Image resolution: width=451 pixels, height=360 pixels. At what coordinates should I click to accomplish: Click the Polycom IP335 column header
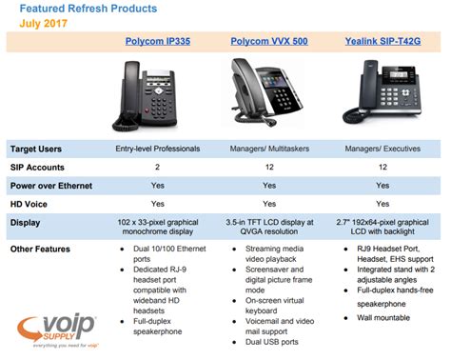(x=158, y=41)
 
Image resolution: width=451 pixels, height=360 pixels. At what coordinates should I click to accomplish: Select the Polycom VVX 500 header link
(x=269, y=41)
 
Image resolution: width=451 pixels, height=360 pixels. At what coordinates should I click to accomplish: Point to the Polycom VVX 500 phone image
(x=269, y=93)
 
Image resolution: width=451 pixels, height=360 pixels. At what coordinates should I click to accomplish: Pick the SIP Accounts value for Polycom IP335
(x=158, y=167)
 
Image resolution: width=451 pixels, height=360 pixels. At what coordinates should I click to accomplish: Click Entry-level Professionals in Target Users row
(x=158, y=149)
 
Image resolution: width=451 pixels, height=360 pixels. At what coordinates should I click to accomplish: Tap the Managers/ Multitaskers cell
(x=269, y=149)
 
